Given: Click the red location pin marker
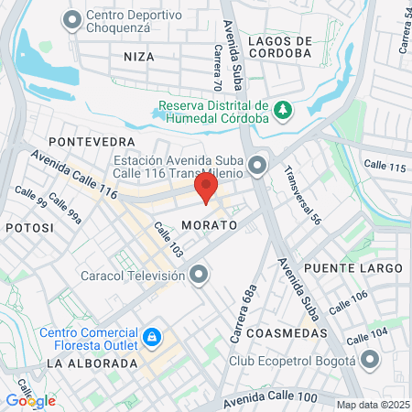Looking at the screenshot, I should (x=206, y=190).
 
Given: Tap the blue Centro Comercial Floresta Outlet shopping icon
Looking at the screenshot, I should (x=153, y=340).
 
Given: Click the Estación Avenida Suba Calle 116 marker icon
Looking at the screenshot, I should (x=257, y=166).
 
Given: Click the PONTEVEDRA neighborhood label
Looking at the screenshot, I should (x=92, y=142).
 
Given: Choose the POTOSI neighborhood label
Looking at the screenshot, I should (x=24, y=226).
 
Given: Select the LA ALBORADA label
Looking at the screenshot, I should (x=91, y=363).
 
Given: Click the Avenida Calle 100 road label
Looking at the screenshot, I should (x=269, y=397).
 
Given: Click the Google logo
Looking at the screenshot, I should (x=30, y=400).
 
